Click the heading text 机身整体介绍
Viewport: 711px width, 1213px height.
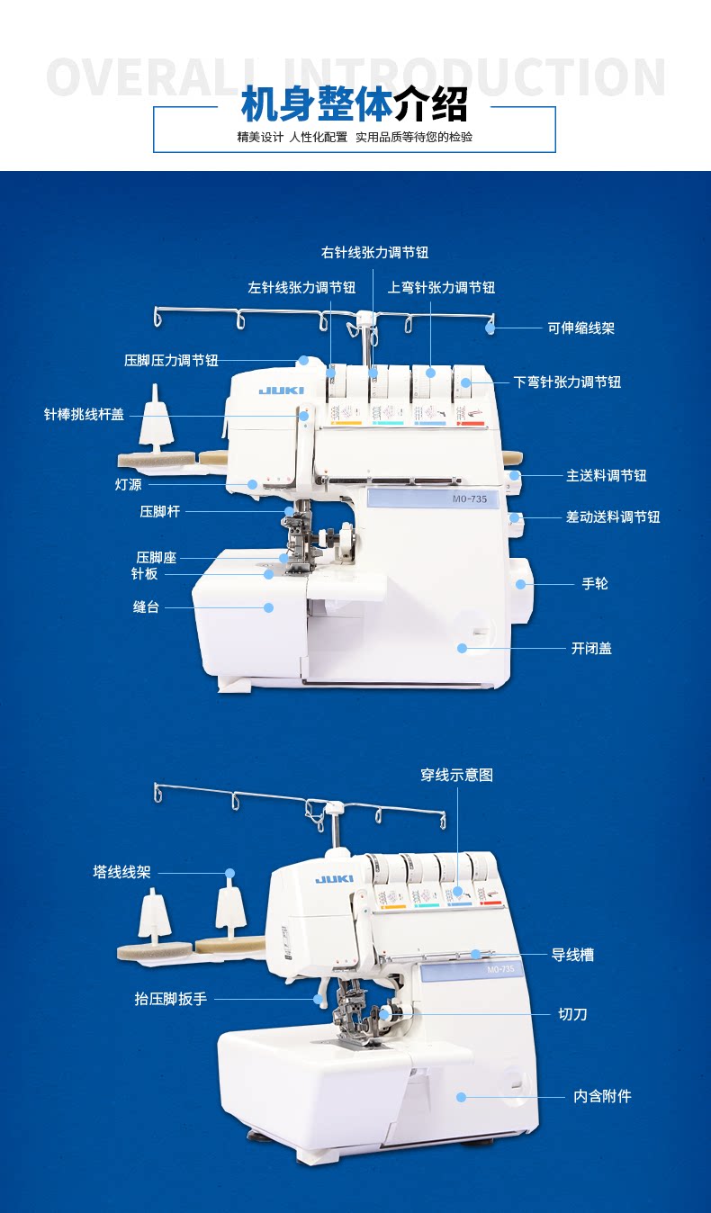[x=355, y=105]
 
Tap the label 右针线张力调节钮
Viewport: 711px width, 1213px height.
[x=374, y=253]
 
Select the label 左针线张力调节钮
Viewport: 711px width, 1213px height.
[x=301, y=288]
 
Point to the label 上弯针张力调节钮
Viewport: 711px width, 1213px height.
[x=441, y=288]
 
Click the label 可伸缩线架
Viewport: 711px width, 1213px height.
[x=581, y=328]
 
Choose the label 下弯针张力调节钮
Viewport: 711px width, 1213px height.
[x=567, y=382]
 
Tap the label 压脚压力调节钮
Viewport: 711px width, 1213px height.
[x=171, y=361]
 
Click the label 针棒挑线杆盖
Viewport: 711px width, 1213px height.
[x=85, y=415]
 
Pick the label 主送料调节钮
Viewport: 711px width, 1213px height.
[x=606, y=475]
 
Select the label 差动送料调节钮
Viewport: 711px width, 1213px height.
[x=612, y=517]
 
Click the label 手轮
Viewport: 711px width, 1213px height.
[x=595, y=584]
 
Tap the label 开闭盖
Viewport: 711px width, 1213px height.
[x=591, y=648]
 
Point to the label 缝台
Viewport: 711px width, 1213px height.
[x=146, y=607]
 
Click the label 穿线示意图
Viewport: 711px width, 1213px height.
[x=456, y=775]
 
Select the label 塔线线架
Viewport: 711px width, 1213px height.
[x=121, y=873]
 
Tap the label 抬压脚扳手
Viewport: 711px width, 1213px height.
[x=170, y=999]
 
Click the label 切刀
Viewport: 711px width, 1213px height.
[x=572, y=1014]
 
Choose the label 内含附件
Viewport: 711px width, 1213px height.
[x=602, y=1096]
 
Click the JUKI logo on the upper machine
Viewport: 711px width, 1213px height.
[x=282, y=391]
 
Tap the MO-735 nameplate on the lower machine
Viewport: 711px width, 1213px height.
[x=500, y=969]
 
